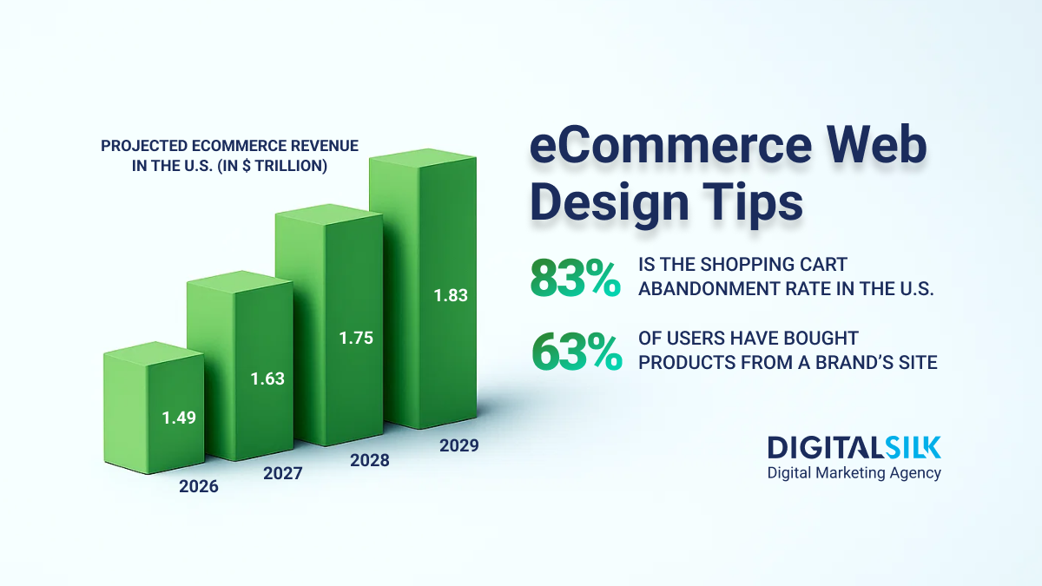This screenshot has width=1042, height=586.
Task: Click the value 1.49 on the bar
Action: click(x=179, y=418)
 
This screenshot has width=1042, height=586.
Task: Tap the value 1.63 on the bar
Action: click(x=267, y=379)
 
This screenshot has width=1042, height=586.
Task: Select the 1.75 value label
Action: click(x=356, y=338)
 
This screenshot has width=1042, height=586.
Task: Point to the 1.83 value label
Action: click(x=451, y=295)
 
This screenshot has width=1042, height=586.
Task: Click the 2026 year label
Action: click(x=199, y=486)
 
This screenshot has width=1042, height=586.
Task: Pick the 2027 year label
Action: click(x=282, y=473)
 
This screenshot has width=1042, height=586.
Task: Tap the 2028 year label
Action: click(x=370, y=460)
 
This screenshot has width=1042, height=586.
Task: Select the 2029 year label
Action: click(x=458, y=446)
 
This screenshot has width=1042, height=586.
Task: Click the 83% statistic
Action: click(x=575, y=279)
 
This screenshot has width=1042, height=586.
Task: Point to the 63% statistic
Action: click(x=575, y=352)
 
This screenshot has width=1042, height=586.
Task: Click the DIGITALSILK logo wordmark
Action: click(x=854, y=447)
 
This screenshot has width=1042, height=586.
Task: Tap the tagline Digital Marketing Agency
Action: click(x=854, y=473)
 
